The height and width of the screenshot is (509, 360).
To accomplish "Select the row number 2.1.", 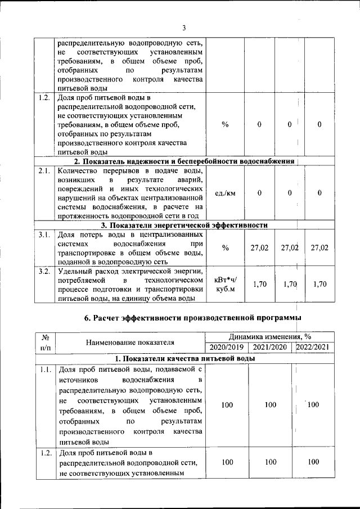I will pyautogui.click(x=45, y=170).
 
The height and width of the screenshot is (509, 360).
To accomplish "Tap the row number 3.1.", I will pyautogui.click(x=45, y=234).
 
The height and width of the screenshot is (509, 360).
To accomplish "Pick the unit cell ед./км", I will pyautogui.click(x=226, y=193).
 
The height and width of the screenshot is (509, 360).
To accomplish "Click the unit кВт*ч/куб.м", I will pyautogui.click(x=226, y=285).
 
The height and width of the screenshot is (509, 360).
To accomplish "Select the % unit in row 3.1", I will pyautogui.click(x=226, y=247).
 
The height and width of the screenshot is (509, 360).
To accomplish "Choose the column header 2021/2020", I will pyautogui.click(x=270, y=347).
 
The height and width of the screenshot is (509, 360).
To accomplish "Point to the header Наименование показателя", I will pyautogui.click(x=130, y=341).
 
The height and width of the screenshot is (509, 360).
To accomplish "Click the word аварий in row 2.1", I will pyautogui.click(x=190, y=179).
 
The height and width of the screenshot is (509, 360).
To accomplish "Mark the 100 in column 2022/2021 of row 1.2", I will pyautogui.click(x=314, y=462).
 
